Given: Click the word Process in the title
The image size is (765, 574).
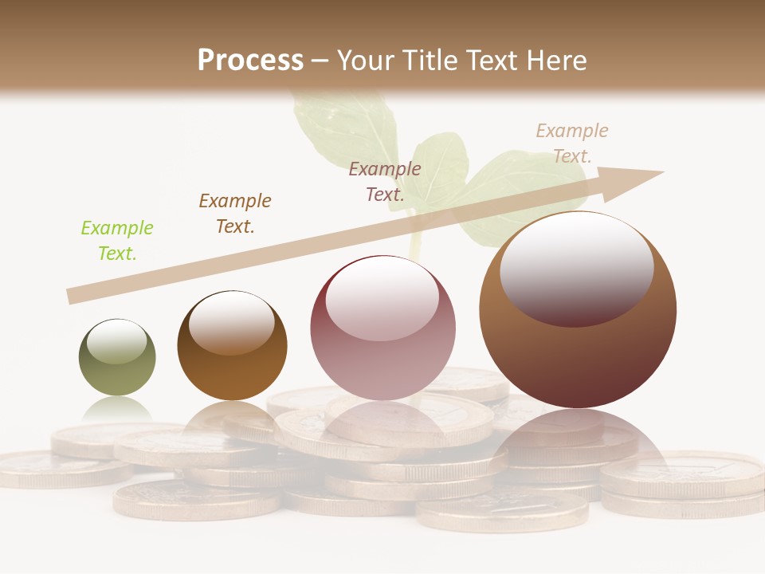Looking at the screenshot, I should pyautogui.click(x=250, y=60).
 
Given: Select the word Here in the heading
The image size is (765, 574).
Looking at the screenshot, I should pyautogui.click(x=555, y=60).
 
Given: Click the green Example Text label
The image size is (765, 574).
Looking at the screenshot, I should pyautogui.click(x=117, y=240).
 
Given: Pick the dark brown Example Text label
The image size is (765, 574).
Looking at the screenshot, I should pyautogui.click(x=235, y=213).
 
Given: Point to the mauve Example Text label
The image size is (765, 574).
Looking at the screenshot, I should pyautogui.click(x=385, y=181).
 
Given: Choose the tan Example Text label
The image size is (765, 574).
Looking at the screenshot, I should pyautogui.click(x=572, y=143).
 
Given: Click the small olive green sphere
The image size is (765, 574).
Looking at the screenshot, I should pyautogui.click(x=117, y=371).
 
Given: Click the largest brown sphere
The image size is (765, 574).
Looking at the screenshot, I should pyautogui.click(x=578, y=359).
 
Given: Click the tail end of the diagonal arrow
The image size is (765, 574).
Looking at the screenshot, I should pyautogui.click(x=72, y=296).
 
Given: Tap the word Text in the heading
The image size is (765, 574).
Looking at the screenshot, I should pyautogui.click(x=492, y=60).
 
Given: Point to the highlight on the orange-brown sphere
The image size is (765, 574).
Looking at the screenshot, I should pyautogui.click(x=231, y=321).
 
